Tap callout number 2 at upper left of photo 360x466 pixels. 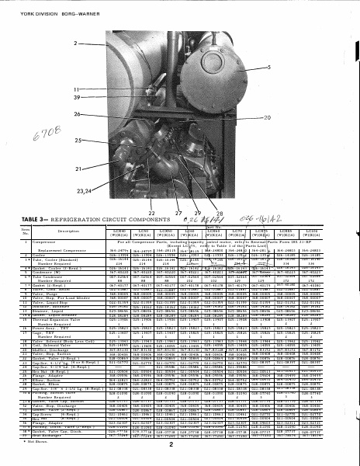coord(77,42)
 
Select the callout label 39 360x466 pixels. coord(76,99)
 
